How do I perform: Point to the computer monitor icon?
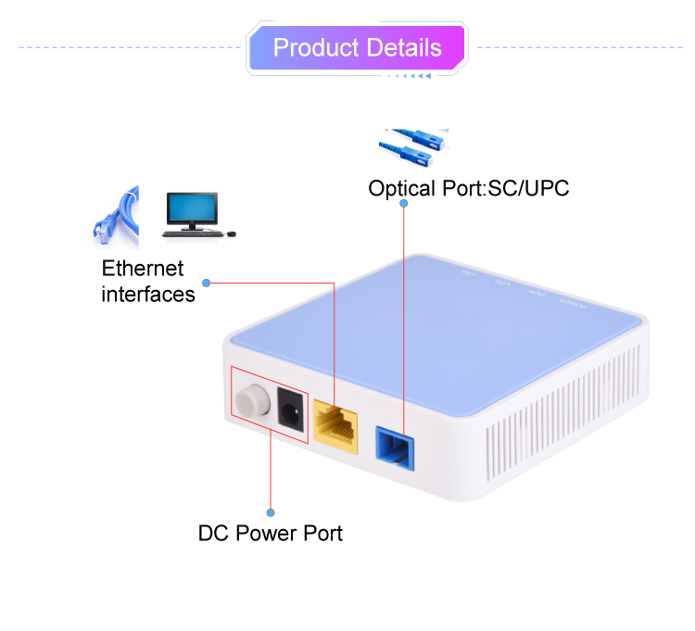tap(191, 211)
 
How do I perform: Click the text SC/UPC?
tap(527, 189)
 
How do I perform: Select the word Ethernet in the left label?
tap(142, 270)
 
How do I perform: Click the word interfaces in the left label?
tap(147, 295)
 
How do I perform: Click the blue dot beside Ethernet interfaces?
tap(208, 282)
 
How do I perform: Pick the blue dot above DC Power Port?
tap(271, 511)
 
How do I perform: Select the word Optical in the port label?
tap(402, 189)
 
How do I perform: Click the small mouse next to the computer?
tap(231, 233)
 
